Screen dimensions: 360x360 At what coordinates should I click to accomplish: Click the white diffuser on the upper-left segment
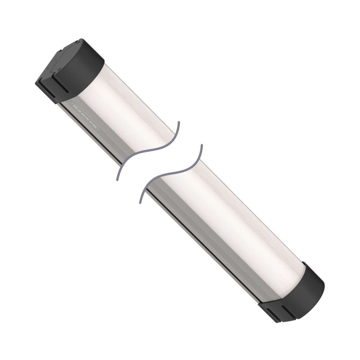[130, 108]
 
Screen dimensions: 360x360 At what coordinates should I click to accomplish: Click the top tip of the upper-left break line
[179, 122]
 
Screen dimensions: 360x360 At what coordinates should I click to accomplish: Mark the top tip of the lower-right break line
[201, 145]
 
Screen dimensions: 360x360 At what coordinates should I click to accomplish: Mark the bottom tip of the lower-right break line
[141, 201]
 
